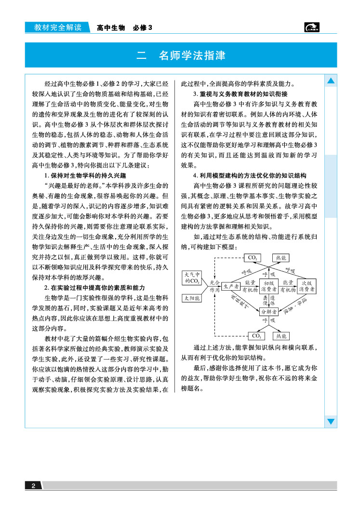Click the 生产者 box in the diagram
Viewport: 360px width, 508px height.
[x=230, y=286]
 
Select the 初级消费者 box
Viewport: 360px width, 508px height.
[x=268, y=286]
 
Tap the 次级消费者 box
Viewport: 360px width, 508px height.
[x=306, y=286]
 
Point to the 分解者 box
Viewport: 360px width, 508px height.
[x=269, y=312]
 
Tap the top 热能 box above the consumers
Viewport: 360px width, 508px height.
[x=281, y=258]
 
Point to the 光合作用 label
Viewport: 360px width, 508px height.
[x=214, y=286]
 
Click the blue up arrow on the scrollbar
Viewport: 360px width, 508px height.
[x=331, y=81]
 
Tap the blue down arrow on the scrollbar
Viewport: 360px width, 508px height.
[x=331, y=422]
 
